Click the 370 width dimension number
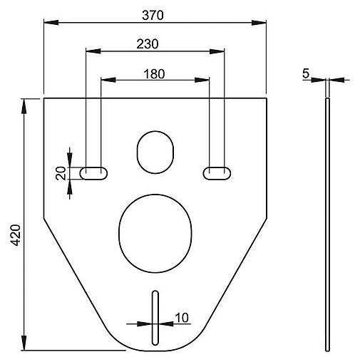pyautogui.click(x=153, y=15)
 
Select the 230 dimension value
pyautogui.click(x=148, y=44)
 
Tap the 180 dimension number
pyautogui.click(x=154, y=74)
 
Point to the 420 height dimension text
pyautogui.click(x=16, y=235)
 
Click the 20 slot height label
pyautogui.click(x=61, y=173)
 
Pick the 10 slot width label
pyautogui.click(x=182, y=318)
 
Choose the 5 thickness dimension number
pyautogui.click(x=306, y=73)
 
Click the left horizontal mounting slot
pyautogui.click(x=93, y=173)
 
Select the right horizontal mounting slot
pyautogui.click(x=217, y=173)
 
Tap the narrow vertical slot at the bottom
pyautogui.click(x=155, y=318)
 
